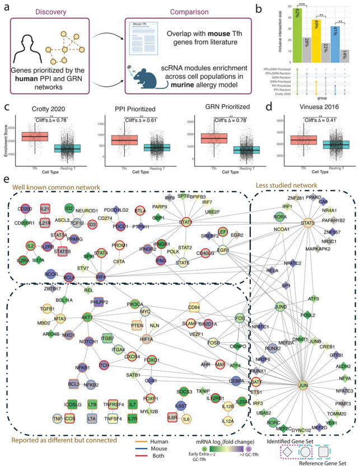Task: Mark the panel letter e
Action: point(6,182)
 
